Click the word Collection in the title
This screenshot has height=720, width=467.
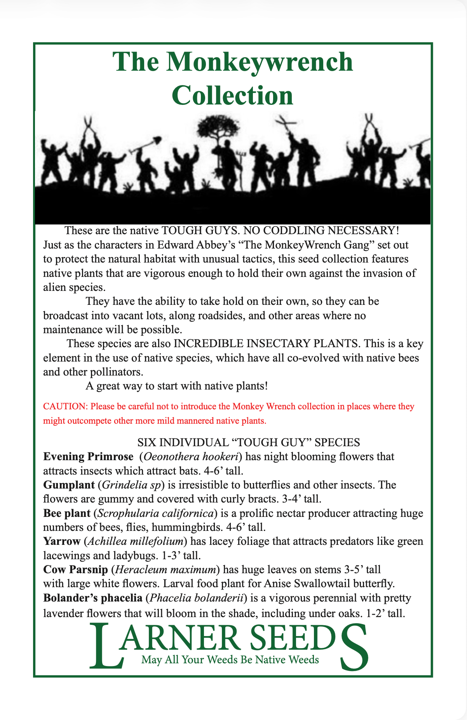(x=232, y=95)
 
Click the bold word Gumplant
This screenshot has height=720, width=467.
(x=69, y=485)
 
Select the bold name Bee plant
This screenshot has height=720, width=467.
(x=66, y=513)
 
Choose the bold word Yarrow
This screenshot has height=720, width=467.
(x=61, y=541)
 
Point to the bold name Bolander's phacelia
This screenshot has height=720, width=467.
(x=93, y=598)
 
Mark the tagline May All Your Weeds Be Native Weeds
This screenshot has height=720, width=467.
(x=230, y=659)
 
